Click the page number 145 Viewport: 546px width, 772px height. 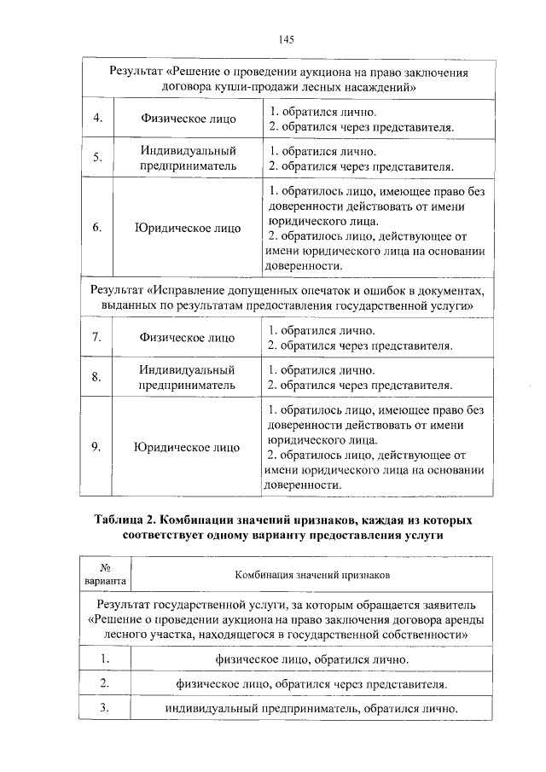point(286,39)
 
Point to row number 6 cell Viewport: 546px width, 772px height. point(97,228)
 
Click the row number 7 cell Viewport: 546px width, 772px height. point(97,338)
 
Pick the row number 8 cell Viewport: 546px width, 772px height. point(97,377)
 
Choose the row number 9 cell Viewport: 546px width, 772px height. point(97,446)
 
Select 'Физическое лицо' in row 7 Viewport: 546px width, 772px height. point(188,338)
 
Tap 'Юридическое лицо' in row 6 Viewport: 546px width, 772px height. point(188,228)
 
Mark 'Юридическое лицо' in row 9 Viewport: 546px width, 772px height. point(188,446)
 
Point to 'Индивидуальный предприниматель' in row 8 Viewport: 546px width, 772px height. point(188,377)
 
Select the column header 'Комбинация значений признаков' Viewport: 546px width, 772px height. point(311,576)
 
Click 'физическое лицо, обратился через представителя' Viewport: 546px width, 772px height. point(311,683)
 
